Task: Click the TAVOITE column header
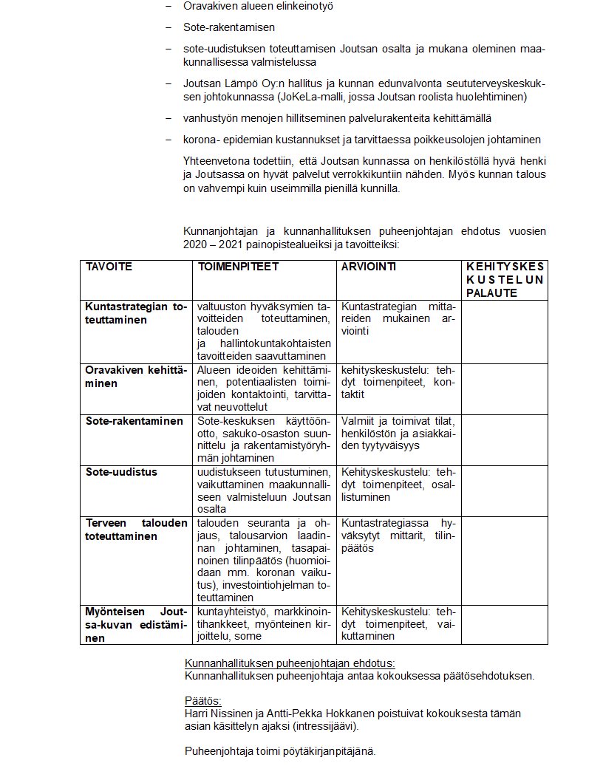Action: point(109,267)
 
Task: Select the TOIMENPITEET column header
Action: point(238,267)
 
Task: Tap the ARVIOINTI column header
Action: point(368,267)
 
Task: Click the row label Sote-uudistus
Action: point(120,471)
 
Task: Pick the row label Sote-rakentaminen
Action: point(134,421)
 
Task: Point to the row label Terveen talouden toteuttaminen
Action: point(136,530)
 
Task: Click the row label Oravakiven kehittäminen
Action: point(136,377)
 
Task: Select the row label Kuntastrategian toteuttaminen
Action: point(136,313)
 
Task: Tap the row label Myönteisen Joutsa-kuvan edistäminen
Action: point(136,625)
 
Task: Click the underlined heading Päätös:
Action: point(202,701)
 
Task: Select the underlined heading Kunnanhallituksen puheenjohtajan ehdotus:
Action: point(289,663)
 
